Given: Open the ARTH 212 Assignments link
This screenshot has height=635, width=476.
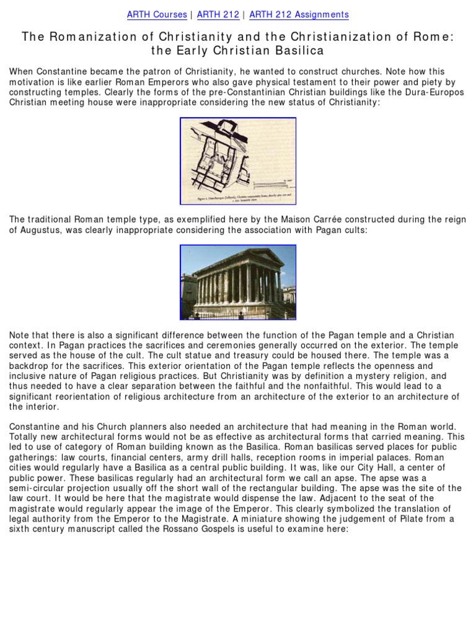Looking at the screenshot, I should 299,14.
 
